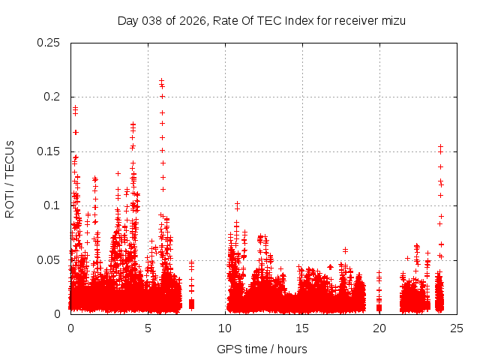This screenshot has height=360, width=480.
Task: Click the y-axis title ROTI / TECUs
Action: tap(10, 178)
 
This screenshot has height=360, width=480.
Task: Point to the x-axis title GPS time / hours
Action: tap(262, 349)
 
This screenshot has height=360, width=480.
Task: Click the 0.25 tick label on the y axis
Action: tap(49, 42)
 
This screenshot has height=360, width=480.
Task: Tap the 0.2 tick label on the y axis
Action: tap(52, 97)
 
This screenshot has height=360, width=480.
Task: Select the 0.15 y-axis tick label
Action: tap(49, 151)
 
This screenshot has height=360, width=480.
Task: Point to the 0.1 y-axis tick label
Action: tap(52, 205)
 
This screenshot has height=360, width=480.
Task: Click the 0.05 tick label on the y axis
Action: tap(49, 260)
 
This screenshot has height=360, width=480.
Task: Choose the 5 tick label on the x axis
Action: tap(148, 328)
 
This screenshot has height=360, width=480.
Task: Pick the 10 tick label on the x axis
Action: tap(225, 328)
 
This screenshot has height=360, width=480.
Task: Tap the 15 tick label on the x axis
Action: tap(302, 328)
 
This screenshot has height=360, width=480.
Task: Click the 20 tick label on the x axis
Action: tap(379, 328)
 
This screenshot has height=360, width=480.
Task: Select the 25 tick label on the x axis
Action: tap(457, 328)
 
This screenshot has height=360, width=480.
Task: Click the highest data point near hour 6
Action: tap(161, 80)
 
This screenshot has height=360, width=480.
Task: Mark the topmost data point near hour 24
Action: tap(440, 146)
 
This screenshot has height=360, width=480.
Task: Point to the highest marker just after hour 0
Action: tap(75, 107)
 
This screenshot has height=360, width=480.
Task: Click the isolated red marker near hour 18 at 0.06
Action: tap(345, 250)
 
